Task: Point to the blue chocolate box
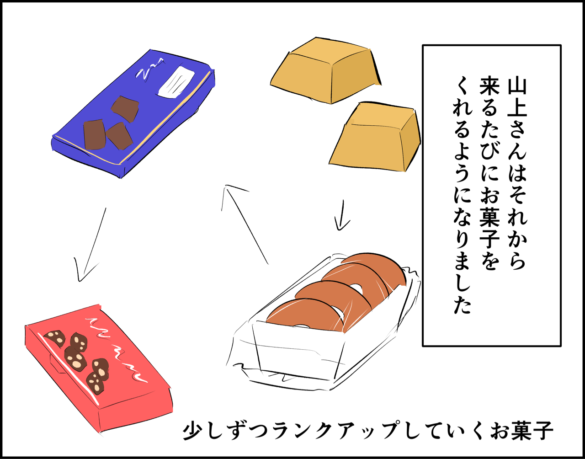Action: click(x=133, y=114)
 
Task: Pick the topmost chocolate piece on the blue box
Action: click(x=125, y=109)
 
